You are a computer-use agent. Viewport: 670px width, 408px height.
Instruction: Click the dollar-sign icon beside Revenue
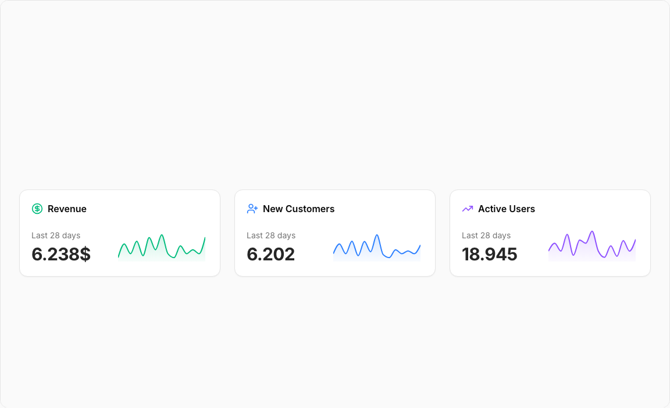37,209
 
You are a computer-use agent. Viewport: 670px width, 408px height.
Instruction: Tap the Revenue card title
67,209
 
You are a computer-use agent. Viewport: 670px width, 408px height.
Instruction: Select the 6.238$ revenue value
61,254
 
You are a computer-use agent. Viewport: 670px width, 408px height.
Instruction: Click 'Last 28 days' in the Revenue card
56,235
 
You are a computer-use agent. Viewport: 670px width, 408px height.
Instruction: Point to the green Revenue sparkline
162,247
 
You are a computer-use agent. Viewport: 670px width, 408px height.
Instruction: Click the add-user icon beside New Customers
252,209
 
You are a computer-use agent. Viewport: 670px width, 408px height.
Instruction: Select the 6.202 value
270,254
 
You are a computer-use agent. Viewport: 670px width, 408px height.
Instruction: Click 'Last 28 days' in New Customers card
271,235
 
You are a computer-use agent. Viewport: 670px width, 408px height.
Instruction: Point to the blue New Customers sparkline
377,247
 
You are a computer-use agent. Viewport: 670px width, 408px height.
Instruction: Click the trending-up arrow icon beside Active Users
468,209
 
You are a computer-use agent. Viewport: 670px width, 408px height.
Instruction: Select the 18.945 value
489,254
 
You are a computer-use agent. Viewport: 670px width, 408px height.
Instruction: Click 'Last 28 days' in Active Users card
486,235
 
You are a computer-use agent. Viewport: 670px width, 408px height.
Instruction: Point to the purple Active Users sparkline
592,245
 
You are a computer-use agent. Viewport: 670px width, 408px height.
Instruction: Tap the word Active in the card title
492,209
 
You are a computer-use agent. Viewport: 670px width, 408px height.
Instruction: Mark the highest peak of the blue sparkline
377,235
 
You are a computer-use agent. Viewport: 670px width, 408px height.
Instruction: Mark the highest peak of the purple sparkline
592,231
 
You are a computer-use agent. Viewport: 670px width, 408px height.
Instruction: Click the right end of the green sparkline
205,238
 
